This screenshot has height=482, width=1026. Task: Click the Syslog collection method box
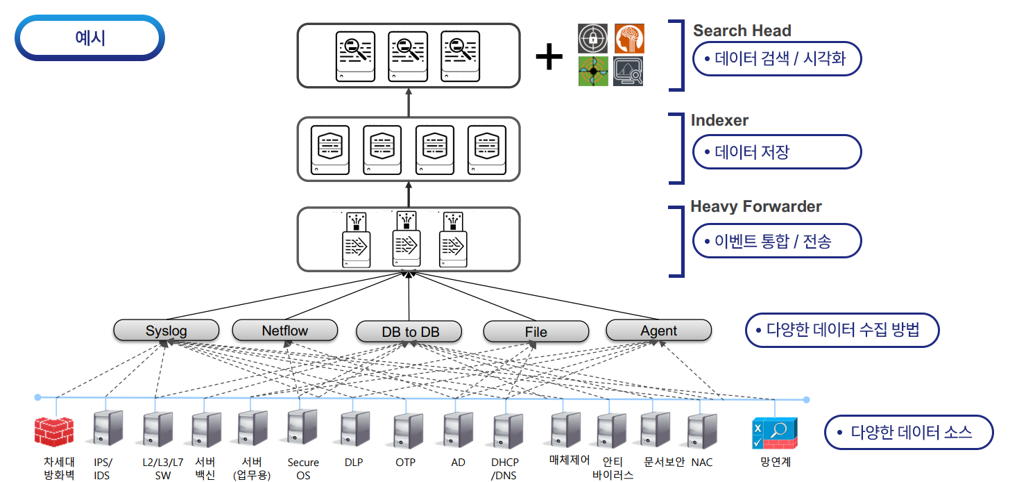tap(166, 331)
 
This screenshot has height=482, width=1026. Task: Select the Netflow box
tap(284, 331)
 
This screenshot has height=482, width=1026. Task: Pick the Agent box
tap(658, 331)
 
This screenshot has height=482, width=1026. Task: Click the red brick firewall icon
tap(54, 431)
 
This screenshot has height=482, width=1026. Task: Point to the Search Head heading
tap(742, 31)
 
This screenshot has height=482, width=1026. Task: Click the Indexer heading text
tap(719, 120)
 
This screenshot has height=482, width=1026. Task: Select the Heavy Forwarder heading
tap(755, 206)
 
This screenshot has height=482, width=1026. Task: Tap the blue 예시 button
tap(90, 38)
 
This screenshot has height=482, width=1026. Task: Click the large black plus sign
tap(549, 57)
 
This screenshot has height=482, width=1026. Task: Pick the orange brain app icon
tap(629, 39)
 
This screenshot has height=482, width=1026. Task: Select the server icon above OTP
tap(405, 431)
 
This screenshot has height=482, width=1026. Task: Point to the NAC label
tap(701, 463)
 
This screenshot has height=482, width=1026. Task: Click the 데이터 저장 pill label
tap(776, 152)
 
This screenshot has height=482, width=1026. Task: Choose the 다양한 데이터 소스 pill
tap(908, 433)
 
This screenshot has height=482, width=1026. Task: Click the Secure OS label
tap(303, 469)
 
